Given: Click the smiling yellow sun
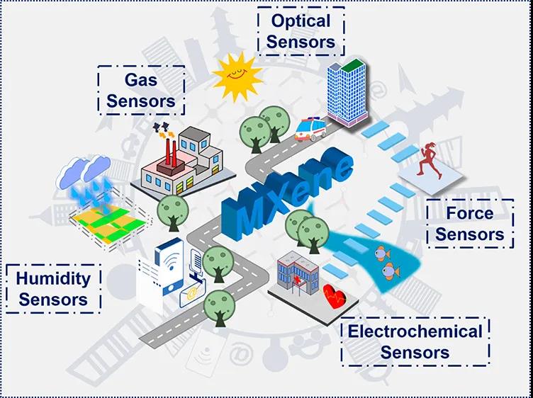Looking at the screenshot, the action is coord(237,76).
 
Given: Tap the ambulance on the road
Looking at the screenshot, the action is coord(310,129).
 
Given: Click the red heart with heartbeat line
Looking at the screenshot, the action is coord(335,296).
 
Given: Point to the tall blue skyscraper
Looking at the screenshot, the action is coord(347,92).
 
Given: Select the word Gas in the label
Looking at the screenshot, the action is coord(141,80).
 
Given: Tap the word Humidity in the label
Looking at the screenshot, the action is coord(53,279).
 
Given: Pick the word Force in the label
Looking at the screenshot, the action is coord(470,213).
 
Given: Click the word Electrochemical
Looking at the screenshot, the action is coord(415,331).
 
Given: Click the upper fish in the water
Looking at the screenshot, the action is coord(383,254).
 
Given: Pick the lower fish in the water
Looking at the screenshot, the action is coord(391,271).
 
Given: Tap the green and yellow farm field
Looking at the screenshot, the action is coord(110,224).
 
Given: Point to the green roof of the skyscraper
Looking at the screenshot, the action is coord(353,65).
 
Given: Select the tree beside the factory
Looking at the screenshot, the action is coord(173,213).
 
